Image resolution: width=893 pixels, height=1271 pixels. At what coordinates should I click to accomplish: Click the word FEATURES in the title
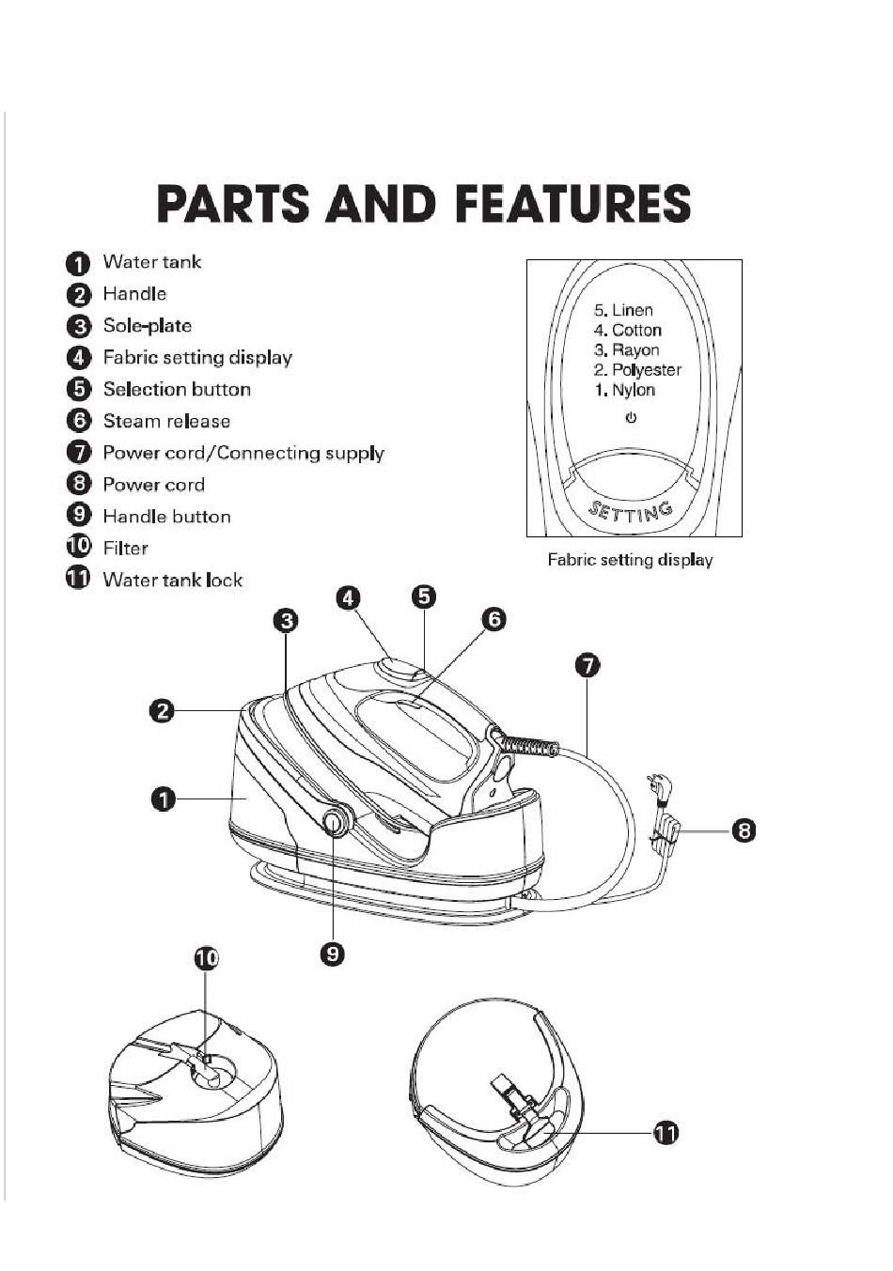coord(573,203)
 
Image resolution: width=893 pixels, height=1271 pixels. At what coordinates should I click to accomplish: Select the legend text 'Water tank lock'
coord(173,580)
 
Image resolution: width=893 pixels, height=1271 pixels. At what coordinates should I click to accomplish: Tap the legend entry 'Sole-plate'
coord(147,326)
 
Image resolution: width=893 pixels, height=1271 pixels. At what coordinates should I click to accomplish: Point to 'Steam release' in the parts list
coord(166,421)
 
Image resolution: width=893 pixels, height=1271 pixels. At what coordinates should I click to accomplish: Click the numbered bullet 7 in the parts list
coord(79,453)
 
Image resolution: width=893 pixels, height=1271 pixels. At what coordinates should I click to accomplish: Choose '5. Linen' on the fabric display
coord(623,310)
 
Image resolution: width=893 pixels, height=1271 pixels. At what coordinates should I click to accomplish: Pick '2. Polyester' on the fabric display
coord(637,370)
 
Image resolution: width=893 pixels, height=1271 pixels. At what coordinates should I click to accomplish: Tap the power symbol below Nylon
coord(631,418)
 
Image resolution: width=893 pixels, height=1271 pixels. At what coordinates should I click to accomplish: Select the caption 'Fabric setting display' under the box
coord(630,560)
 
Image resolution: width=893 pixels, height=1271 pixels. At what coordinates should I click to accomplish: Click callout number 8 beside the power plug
coord(744,831)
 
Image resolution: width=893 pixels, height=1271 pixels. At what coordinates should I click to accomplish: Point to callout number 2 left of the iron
coord(163,711)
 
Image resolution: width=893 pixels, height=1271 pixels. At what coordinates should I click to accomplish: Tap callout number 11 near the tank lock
coord(666,1134)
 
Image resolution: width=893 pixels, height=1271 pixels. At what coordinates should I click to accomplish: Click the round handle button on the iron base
coord(335,822)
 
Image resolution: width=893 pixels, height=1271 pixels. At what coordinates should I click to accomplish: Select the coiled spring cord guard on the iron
coord(528,744)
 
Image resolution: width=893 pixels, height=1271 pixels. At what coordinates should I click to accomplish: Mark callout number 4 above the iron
coord(348,598)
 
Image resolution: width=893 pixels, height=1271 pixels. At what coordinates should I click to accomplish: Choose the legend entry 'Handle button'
coord(166,517)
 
